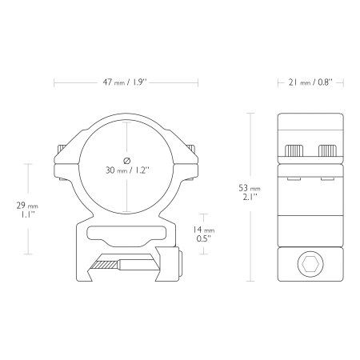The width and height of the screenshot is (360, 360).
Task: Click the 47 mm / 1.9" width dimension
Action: pos(125,82)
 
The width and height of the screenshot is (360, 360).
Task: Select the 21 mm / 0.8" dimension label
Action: pos(310,82)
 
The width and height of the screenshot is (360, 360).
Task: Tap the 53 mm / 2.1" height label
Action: pos(250,192)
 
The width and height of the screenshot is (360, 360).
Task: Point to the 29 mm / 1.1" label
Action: pos(27,210)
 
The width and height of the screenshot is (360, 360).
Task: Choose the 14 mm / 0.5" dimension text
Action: pos(204,234)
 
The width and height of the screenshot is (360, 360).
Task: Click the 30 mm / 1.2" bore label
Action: pos(127,170)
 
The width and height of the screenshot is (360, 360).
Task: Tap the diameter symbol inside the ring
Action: pos(127,161)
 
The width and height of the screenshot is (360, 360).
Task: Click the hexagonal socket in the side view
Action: pos(310,264)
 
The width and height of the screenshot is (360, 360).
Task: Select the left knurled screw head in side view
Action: pos(294,150)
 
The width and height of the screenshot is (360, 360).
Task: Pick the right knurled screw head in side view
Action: pos(328,150)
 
